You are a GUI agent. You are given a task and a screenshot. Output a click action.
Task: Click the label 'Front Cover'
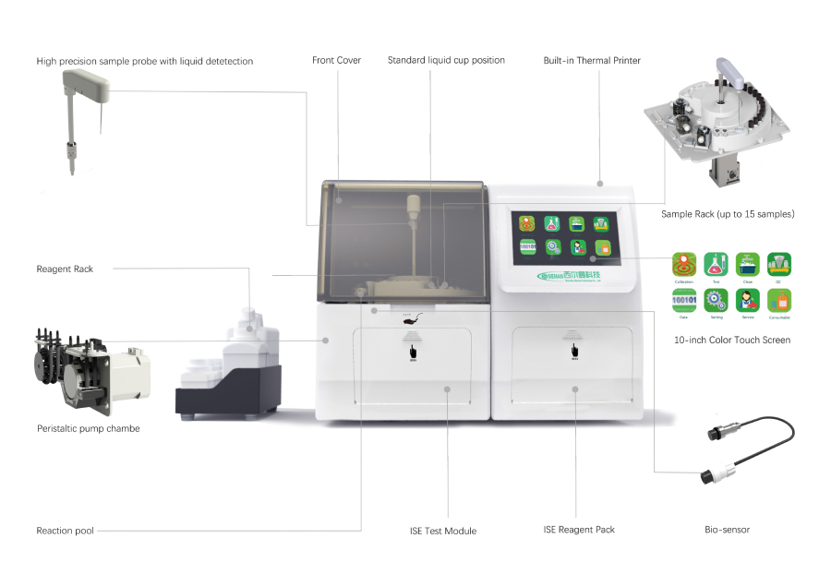coord(336,61)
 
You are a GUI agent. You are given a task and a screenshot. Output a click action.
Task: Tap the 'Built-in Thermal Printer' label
coord(592,61)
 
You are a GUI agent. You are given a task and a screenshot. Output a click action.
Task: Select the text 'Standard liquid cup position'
coord(446,61)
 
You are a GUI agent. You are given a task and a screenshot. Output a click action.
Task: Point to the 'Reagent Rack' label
coord(65,269)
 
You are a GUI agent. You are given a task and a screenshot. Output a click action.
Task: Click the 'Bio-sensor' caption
coord(727,530)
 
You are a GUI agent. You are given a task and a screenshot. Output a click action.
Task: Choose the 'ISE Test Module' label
coord(443,531)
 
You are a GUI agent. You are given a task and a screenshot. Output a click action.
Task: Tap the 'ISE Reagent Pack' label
coord(579,530)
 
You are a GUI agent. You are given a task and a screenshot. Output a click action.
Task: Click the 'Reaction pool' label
coord(65,531)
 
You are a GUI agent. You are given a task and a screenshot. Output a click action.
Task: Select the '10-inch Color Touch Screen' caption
coord(732,341)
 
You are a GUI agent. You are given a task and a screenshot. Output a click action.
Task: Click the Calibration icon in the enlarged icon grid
coord(684,265)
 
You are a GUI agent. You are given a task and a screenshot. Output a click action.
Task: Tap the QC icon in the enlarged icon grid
coord(777,265)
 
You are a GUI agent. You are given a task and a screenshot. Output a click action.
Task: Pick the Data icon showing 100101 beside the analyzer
coord(684,301)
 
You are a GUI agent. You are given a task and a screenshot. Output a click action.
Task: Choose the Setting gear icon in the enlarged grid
coord(716,301)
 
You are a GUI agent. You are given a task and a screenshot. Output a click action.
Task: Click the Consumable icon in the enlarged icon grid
coord(777,301)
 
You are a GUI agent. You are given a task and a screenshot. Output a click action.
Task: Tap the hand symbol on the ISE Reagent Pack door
coord(573,351)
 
